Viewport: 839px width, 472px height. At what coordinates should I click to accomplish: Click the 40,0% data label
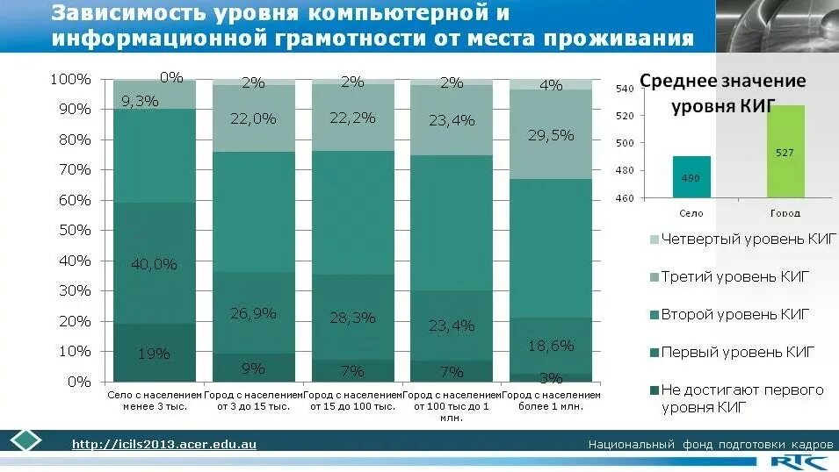point(155,263)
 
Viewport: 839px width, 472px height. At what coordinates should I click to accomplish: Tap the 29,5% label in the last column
point(551,135)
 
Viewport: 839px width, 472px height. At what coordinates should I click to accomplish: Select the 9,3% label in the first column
point(140,101)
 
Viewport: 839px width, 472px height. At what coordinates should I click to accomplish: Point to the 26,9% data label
point(253,313)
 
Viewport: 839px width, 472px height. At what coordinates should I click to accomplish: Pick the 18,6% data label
point(551,346)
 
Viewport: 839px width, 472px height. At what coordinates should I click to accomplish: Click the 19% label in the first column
point(153,354)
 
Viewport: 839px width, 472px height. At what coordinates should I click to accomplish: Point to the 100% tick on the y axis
point(70,79)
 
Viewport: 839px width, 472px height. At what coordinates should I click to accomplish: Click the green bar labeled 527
point(785,152)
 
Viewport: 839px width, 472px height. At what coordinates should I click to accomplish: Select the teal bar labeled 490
point(691,177)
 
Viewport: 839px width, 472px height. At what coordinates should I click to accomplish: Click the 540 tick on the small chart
point(625,89)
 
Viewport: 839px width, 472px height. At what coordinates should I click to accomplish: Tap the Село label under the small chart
point(691,213)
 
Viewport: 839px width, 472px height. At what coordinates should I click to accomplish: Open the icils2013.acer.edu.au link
point(163,445)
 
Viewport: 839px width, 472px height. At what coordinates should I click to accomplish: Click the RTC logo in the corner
point(796,461)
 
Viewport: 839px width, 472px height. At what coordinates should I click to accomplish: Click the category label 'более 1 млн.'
point(551,407)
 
